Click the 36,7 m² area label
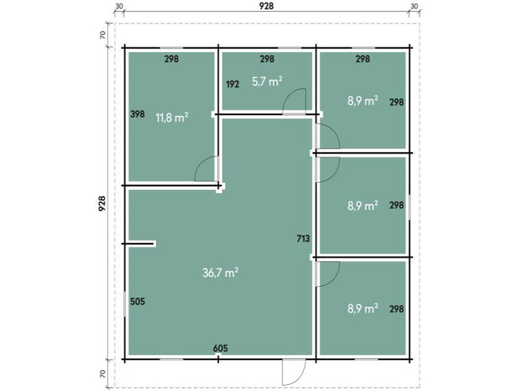[220, 273]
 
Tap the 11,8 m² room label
[172, 117]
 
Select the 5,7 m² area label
[267, 81]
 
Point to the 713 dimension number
[303, 238]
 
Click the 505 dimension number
[137, 302]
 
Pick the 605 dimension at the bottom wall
[221, 348]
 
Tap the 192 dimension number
[233, 84]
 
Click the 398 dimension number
[137, 114]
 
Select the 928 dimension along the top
[266, 6]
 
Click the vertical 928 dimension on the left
[102, 204]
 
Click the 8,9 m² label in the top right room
[363, 100]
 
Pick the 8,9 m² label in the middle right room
[363, 206]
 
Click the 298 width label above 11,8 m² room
[172, 59]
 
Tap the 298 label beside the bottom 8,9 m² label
[397, 309]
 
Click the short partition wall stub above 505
[140, 244]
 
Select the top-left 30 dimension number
[119, 6]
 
